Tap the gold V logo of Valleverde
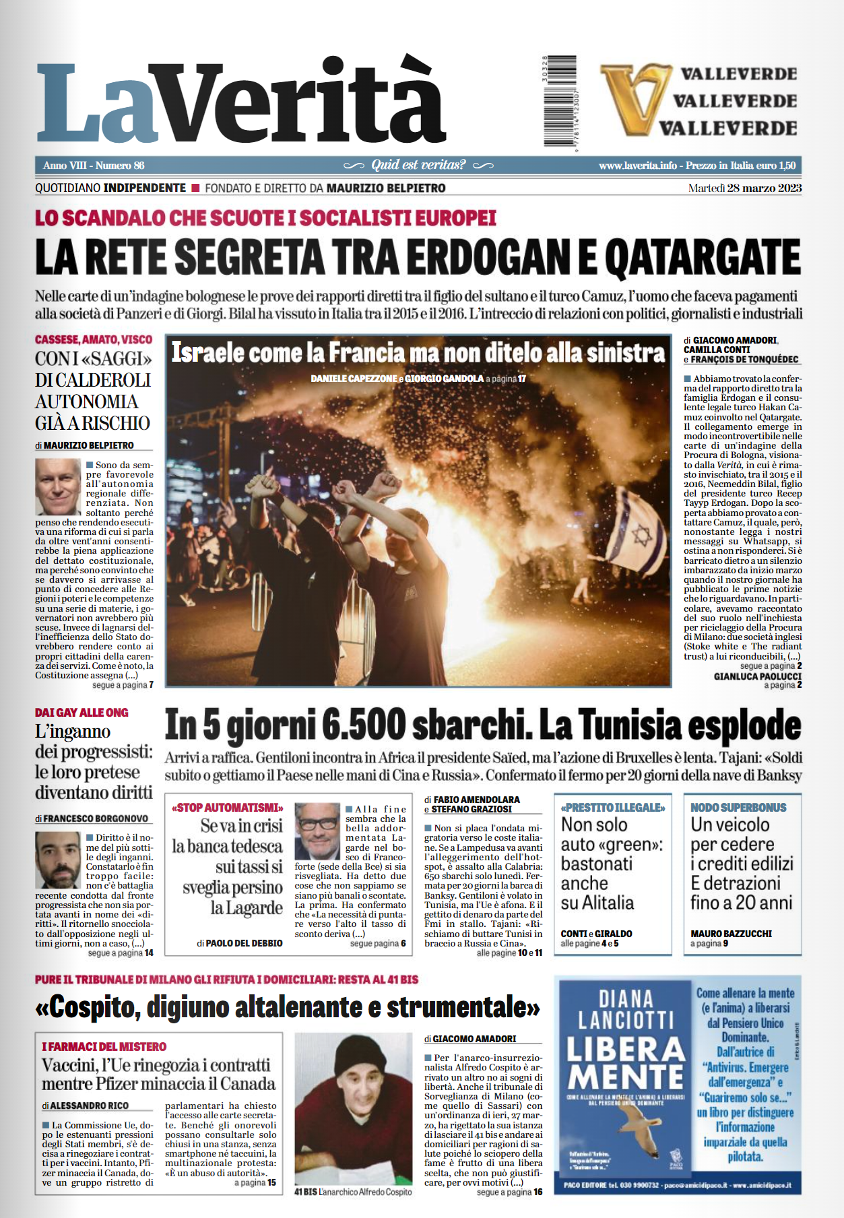tap(632, 98)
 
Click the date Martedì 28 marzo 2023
tap(744, 188)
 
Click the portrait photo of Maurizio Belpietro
tap(58, 487)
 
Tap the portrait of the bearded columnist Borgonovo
tap(58, 859)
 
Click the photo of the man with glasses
tap(317, 831)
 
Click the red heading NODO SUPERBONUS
tap(738, 807)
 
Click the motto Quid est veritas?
tap(418, 165)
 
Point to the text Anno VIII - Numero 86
tap(94, 166)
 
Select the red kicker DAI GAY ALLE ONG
tap(82, 712)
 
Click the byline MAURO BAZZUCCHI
tap(731, 934)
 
